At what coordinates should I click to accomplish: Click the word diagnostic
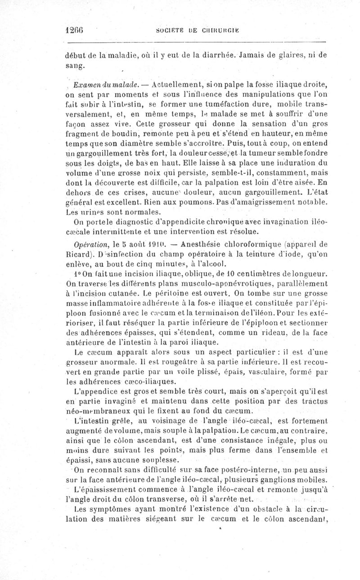pos(121,223)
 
